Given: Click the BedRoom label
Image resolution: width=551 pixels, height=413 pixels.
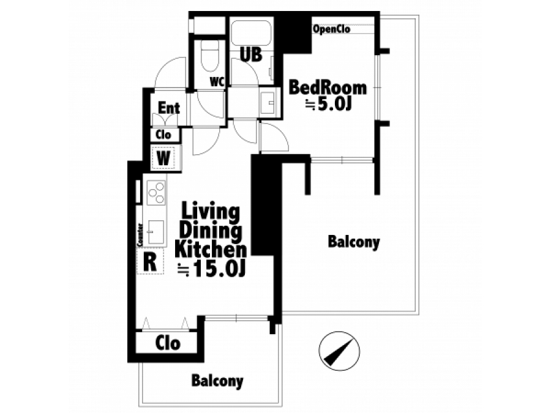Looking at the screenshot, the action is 328,87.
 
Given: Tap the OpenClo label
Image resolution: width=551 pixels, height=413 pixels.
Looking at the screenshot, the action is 331,29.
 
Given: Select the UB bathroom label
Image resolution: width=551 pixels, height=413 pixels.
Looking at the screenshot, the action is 251,54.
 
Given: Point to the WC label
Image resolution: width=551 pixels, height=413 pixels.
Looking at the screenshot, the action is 217,82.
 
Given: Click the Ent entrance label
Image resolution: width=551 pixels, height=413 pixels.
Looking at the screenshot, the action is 169,108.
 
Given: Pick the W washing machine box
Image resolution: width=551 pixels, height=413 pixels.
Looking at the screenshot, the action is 163,158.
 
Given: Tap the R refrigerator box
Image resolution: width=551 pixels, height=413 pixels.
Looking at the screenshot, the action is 150,261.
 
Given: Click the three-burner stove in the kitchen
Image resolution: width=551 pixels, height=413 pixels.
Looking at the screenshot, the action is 156,192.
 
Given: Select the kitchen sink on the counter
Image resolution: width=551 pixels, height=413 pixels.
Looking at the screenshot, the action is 156,232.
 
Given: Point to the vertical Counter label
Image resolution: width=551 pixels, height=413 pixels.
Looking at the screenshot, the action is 140,234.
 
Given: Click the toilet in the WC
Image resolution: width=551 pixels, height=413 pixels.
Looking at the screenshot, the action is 210,56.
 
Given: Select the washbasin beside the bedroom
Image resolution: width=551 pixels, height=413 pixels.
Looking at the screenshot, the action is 268,102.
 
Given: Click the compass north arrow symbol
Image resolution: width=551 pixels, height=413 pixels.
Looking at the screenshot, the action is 339,351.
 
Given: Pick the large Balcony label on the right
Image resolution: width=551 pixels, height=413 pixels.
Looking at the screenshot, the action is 353,242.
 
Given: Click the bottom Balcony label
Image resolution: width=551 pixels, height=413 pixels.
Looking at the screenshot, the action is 217,381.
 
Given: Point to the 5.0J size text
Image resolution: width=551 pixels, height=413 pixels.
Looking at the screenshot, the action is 329,103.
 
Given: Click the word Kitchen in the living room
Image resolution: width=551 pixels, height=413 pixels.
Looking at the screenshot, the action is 211,250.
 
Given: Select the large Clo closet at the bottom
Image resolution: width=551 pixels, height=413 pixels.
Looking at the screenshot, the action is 168,343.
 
